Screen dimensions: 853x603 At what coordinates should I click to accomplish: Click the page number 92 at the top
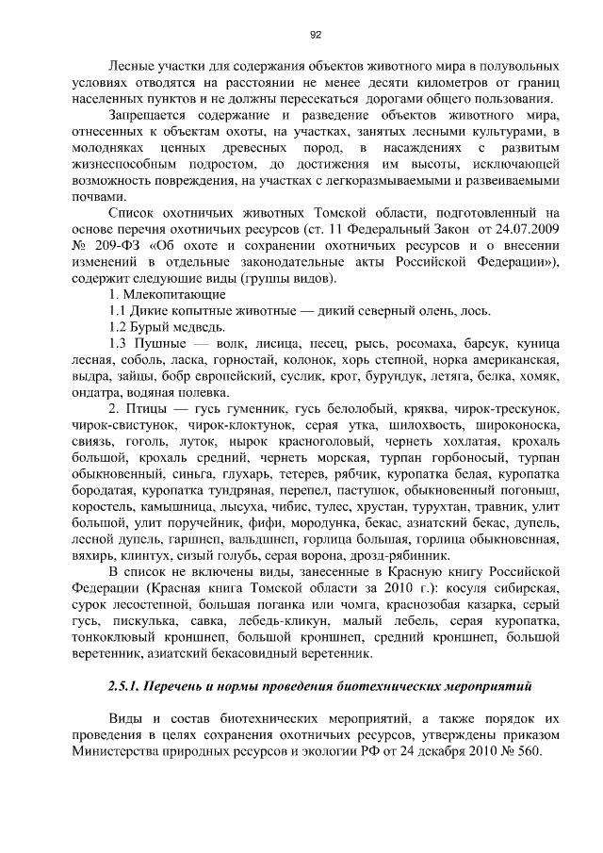point(316,35)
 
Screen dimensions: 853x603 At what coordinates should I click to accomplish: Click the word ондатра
point(97,397)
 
